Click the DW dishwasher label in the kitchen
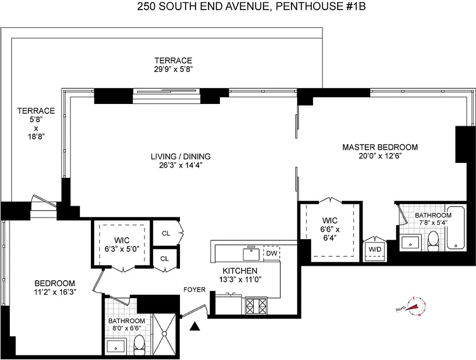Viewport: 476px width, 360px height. pyautogui.click(x=271, y=253)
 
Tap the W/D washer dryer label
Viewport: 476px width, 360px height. pyautogui.click(x=374, y=248)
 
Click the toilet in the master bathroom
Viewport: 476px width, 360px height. pyautogui.click(x=433, y=241)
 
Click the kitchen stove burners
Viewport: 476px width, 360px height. pyautogui.click(x=256, y=306)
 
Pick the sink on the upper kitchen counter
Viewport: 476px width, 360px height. pyautogui.click(x=251, y=253)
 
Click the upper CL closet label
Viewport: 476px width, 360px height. pyautogui.click(x=166, y=233)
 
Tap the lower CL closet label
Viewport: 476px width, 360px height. pyautogui.click(x=165, y=259)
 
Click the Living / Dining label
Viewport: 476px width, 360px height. pyautogui.click(x=181, y=157)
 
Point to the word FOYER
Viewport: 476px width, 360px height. pyautogui.click(x=194, y=290)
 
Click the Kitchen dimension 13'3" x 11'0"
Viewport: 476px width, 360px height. pyautogui.click(x=240, y=279)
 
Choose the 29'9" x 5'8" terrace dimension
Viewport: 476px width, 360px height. pyautogui.click(x=173, y=69)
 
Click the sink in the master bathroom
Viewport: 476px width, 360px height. pyautogui.click(x=410, y=242)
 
